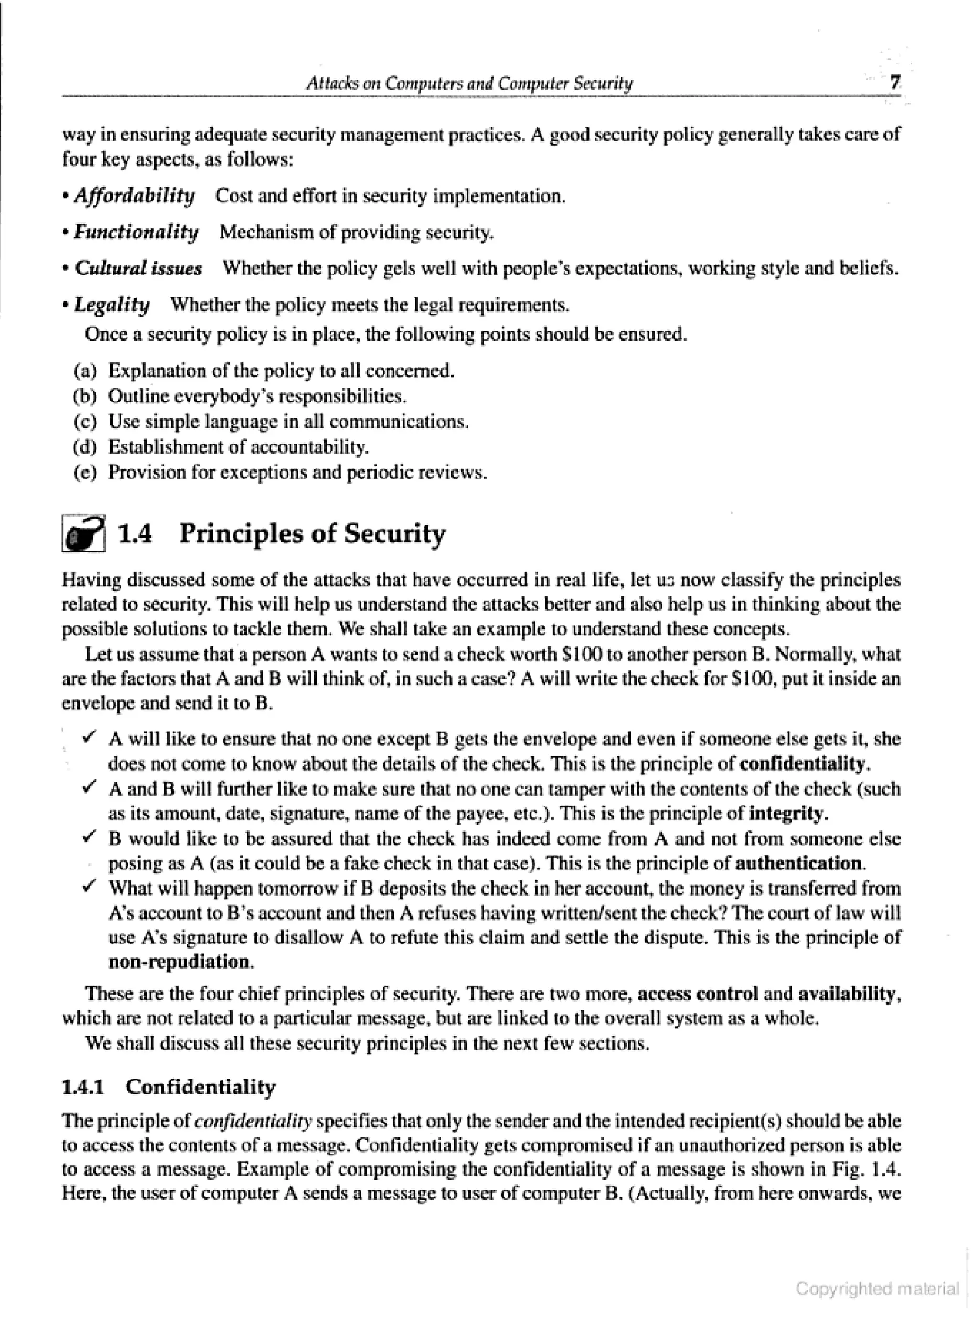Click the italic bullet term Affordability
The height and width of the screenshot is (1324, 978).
[134, 195]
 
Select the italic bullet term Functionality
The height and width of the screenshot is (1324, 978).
[136, 232]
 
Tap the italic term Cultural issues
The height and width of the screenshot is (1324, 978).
[138, 269]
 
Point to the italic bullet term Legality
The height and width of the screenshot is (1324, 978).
[112, 306]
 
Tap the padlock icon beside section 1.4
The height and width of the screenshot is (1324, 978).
[84, 533]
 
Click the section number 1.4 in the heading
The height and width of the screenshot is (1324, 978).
[135, 533]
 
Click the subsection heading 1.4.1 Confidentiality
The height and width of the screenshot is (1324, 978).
[169, 1087]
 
